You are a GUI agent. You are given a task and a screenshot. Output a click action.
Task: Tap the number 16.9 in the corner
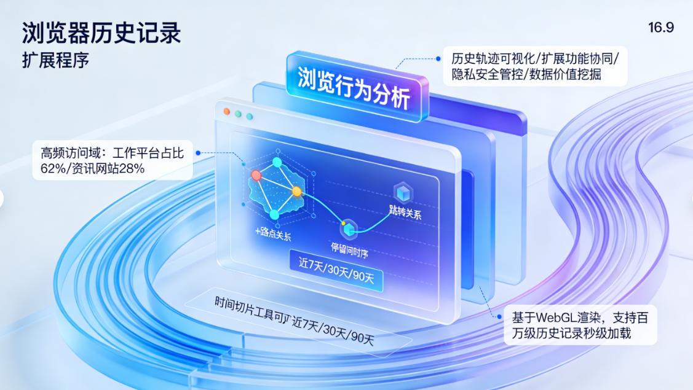coord(660,28)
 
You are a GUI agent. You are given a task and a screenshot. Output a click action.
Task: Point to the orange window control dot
coord(226,112)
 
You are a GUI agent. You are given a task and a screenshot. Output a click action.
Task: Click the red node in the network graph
coord(256,176)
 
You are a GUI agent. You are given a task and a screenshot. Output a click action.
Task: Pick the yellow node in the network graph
coord(297,192)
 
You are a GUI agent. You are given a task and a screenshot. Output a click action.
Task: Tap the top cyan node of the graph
coord(277,162)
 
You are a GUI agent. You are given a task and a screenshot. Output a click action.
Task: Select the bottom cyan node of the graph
coord(274,214)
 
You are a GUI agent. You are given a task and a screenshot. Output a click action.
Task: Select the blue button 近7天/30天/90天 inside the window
coord(336,271)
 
